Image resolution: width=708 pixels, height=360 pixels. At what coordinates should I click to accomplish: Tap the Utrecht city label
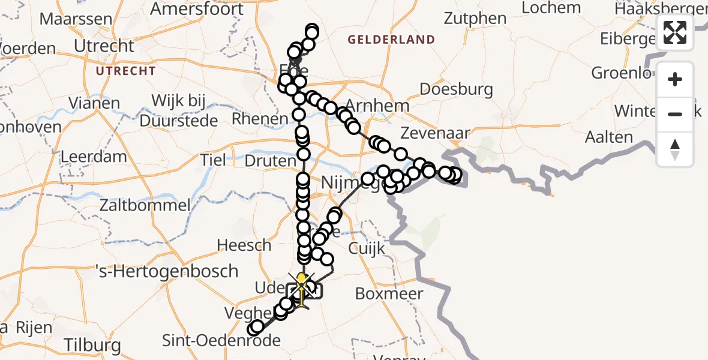(x=104, y=46)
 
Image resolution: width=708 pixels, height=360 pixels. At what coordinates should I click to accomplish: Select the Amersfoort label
(x=197, y=9)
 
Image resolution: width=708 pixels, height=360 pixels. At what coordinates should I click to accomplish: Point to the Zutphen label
(x=475, y=19)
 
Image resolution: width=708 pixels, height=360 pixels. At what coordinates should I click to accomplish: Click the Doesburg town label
(x=456, y=90)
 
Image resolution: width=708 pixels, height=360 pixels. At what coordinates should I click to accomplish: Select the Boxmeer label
(x=389, y=294)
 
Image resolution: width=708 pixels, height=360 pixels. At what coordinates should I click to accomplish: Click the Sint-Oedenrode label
(x=221, y=341)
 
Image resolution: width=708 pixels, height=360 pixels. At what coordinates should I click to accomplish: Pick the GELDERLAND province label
(x=392, y=40)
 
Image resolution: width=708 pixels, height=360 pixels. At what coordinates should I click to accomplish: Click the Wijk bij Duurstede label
(x=178, y=110)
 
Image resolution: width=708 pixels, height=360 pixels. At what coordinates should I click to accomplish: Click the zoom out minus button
(x=675, y=114)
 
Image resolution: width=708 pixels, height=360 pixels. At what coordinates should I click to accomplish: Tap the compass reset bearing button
(x=675, y=149)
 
